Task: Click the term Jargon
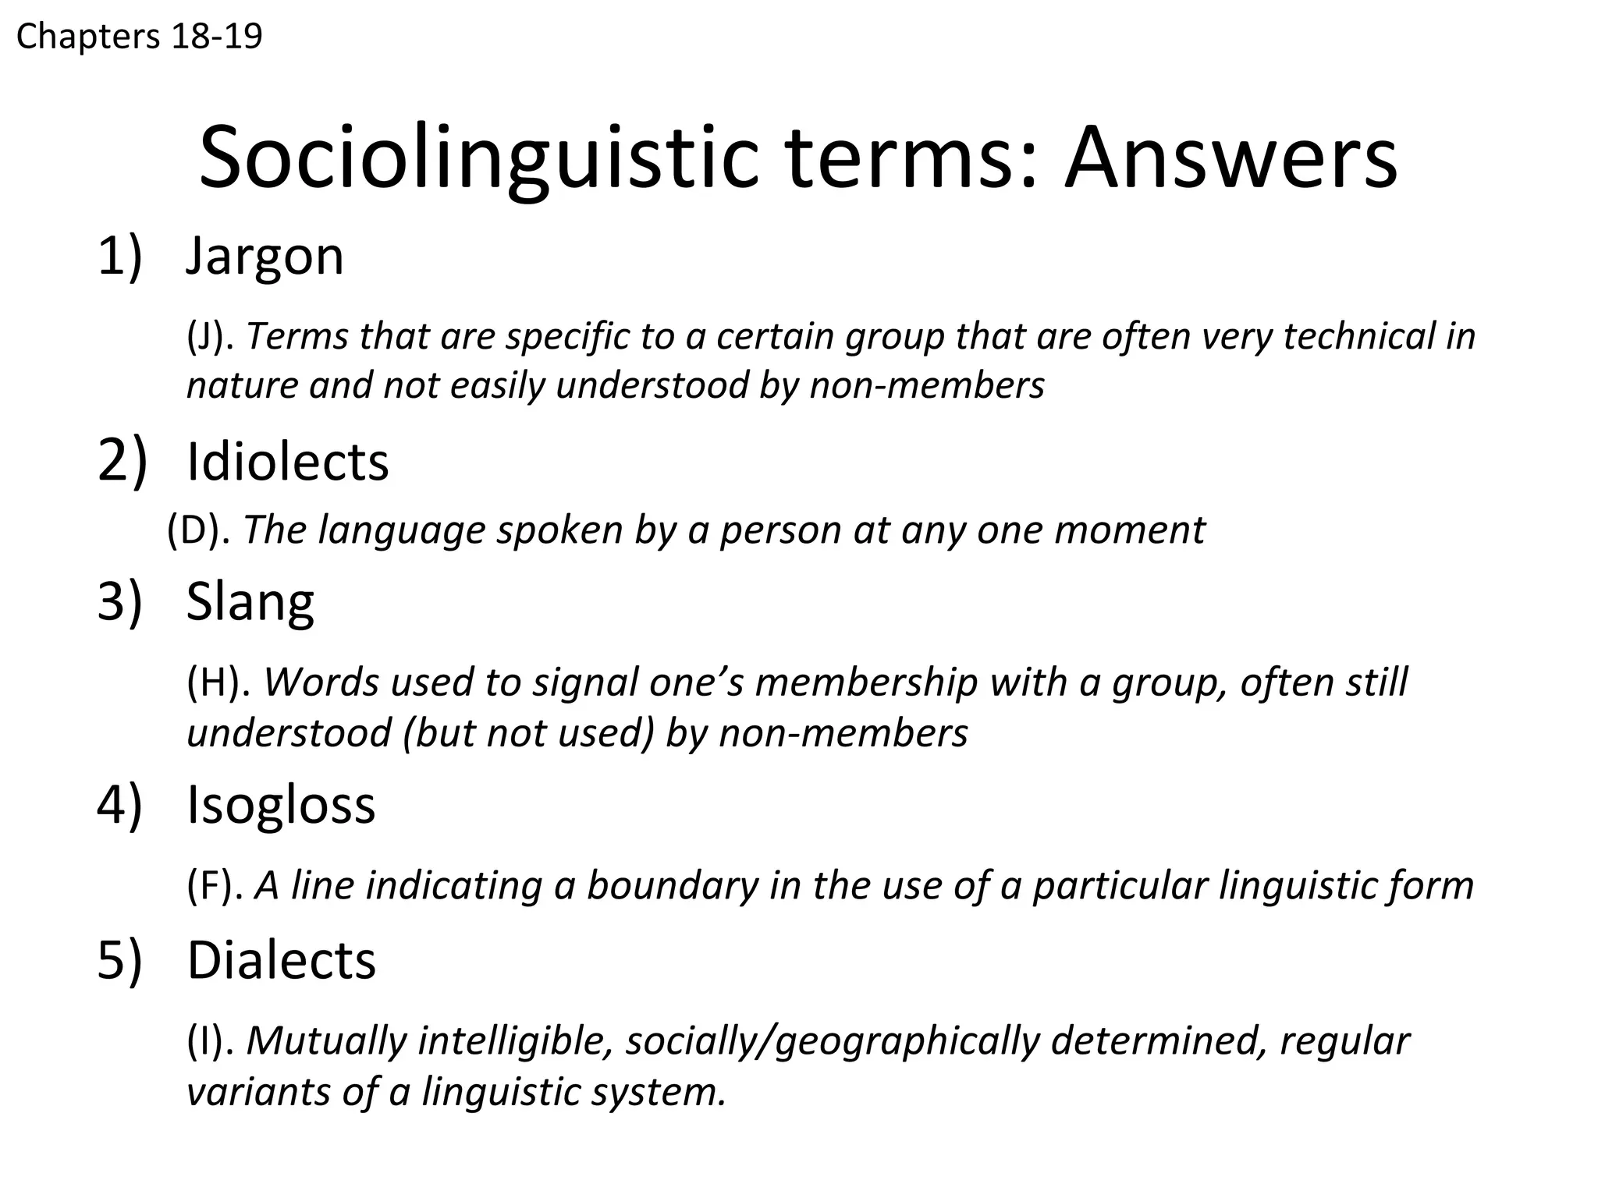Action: point(265,257)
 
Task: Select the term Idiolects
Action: point(287,462)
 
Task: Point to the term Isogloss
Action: point(281,805)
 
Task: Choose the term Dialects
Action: point(281,960)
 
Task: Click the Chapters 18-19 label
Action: point(140,37)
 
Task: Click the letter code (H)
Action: point(218,682)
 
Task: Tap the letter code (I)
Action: point(211,1041)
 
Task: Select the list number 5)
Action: point(119,960)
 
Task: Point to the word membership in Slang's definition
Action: point(866,682)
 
